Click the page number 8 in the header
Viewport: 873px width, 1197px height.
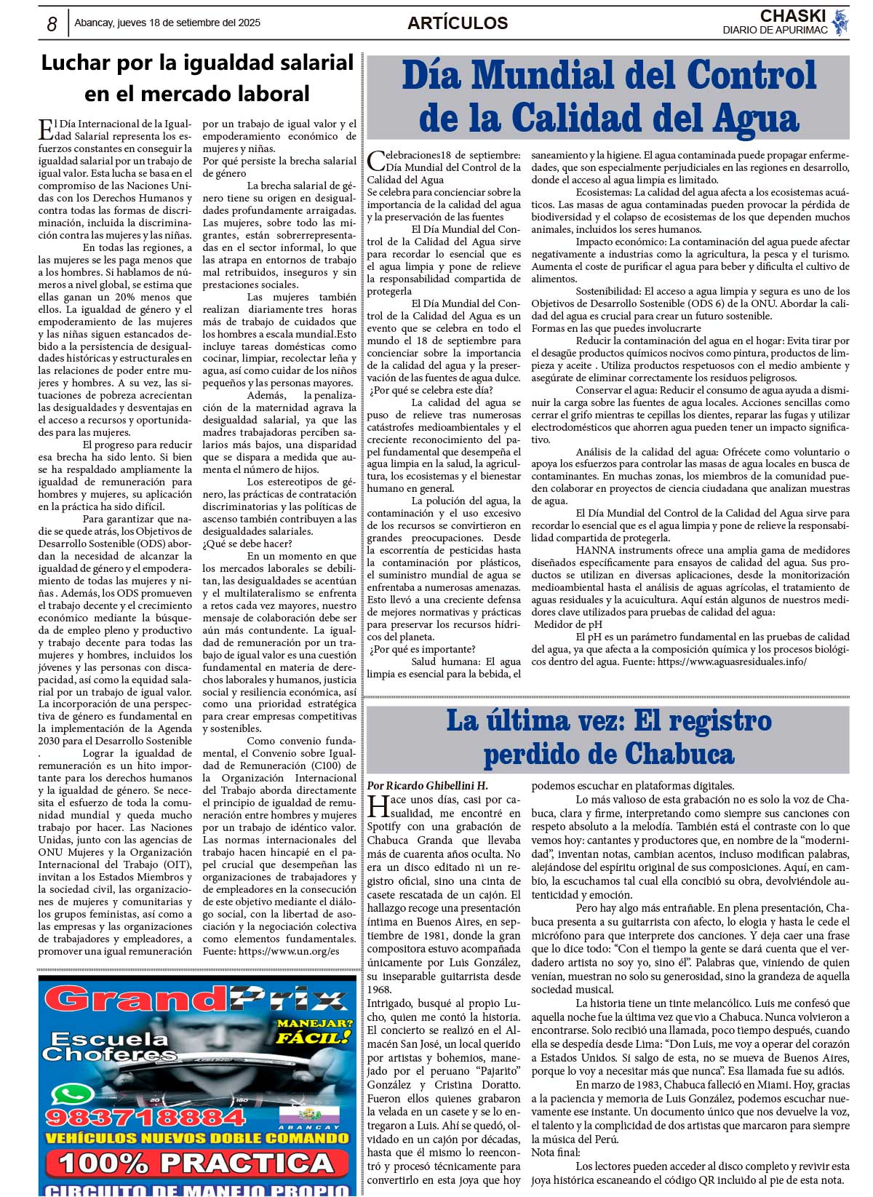pyautogui.click(x=52, y=24)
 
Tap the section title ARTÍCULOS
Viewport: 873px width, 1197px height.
pyautogui.click(x=458, y=23)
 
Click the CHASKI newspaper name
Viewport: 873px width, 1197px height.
pyautogui.click(x=792, y=16)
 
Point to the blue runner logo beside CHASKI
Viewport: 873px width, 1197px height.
pyautogui.click(x=840, y=23)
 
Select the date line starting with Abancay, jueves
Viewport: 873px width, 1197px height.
pyautogui.click(x=167, y=23)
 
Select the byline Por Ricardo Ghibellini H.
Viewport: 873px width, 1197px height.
pyautogui.click(x=427, y=786)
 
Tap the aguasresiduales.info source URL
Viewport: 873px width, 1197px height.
pyautogui.click(x=732, y=661)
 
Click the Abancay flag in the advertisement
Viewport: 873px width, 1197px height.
pyautogui.click(x=319, y=1116)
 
